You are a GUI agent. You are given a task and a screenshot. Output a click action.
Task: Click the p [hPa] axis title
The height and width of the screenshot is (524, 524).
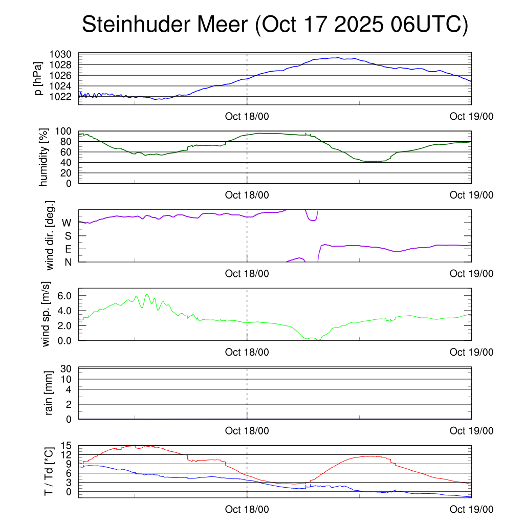[x=38, y=78]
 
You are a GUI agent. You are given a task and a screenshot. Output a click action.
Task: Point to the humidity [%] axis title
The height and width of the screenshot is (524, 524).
[x=43, y=157]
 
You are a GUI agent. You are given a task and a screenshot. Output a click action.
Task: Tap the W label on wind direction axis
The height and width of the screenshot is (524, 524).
[x=67, y=223]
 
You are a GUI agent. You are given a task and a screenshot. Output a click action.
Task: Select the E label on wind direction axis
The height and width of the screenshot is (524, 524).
[x=68, y=249]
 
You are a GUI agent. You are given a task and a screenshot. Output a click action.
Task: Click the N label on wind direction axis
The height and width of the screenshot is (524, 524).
[x=68, y=261]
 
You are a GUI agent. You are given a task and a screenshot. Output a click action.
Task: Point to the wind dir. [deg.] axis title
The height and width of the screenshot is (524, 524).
[x=50, y=235]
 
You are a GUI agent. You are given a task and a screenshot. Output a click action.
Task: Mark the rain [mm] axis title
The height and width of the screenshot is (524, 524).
[x=49, y=393]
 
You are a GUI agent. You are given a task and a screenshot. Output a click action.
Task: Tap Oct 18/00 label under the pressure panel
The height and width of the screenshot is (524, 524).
[x=247, y=116]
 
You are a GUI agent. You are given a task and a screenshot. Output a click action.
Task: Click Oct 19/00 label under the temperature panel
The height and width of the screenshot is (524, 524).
[x=471, y=510]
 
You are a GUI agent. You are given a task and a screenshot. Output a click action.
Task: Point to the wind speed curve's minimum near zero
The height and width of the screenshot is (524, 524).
[x=318, y=339]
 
